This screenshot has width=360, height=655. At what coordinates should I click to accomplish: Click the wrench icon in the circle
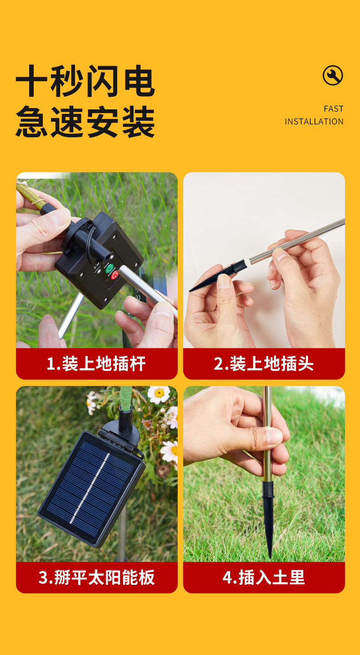[333, 76]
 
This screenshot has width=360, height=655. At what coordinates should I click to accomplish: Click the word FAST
[334, 109]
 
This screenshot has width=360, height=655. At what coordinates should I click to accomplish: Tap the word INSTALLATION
[314, 121]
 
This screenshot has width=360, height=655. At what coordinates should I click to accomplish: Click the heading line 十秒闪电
[85, 81]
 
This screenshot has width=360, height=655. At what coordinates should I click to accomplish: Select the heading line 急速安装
[85, 122]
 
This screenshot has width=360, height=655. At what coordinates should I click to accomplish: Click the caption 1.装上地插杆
[96, 364]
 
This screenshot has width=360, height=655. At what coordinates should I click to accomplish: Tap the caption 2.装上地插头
[264, 364]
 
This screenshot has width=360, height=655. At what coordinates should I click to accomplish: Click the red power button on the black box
[114, 275]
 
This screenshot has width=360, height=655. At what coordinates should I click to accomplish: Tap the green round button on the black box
[109, 268]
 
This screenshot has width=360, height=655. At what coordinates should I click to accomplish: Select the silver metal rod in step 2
[297, 241]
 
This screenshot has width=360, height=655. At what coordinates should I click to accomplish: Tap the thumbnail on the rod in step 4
[274, 436]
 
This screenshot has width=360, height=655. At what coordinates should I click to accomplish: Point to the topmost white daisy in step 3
[159, 394]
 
